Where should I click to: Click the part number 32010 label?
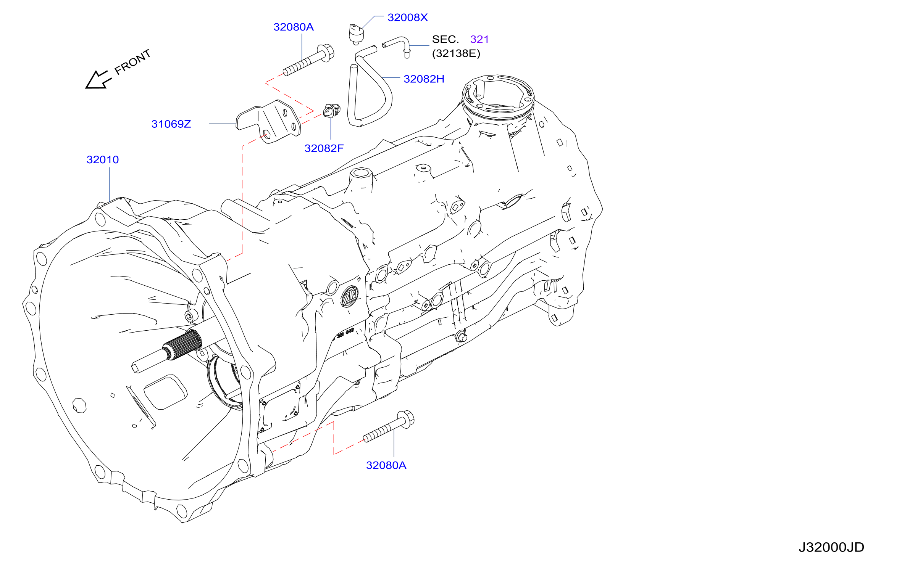point(103,159)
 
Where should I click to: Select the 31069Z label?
point(171,124)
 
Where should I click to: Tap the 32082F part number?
point(324,148)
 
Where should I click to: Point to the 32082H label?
point(424,79)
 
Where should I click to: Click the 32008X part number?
point(408,17)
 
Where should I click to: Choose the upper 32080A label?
point(294,27)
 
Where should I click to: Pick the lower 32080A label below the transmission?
point(386,465)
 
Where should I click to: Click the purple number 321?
point(479,39)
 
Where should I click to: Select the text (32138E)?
point(456,53)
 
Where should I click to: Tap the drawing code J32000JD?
point(831,547)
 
